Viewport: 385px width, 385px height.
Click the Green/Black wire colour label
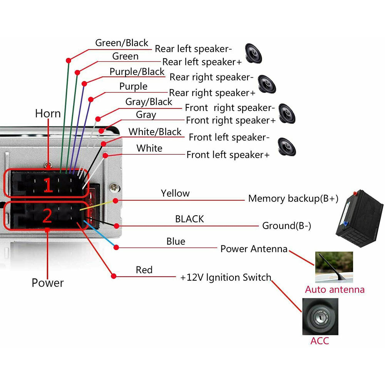(121, 43)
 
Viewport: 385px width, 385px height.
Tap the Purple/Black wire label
(137, 72)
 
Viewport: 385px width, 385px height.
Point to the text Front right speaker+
(231, 121)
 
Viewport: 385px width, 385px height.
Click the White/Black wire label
(155, 132)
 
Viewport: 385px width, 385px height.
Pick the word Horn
(48, 114)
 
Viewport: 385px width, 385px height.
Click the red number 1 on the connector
(48, 186)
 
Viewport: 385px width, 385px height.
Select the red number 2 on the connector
(47, 216)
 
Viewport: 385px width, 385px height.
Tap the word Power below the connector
(48, 283)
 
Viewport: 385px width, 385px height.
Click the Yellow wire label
(175, 193)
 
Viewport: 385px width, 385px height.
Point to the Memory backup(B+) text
(293, 199)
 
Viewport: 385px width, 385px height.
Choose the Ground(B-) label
(286, 226)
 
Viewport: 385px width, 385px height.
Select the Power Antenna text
(254, 249)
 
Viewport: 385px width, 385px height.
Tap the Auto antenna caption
(335, 290)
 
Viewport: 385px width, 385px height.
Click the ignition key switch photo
(321, 316)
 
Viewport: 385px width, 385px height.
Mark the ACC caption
(320, 341)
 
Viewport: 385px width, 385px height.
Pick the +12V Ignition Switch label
(226, 278)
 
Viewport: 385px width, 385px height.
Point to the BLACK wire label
(189, 219)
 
